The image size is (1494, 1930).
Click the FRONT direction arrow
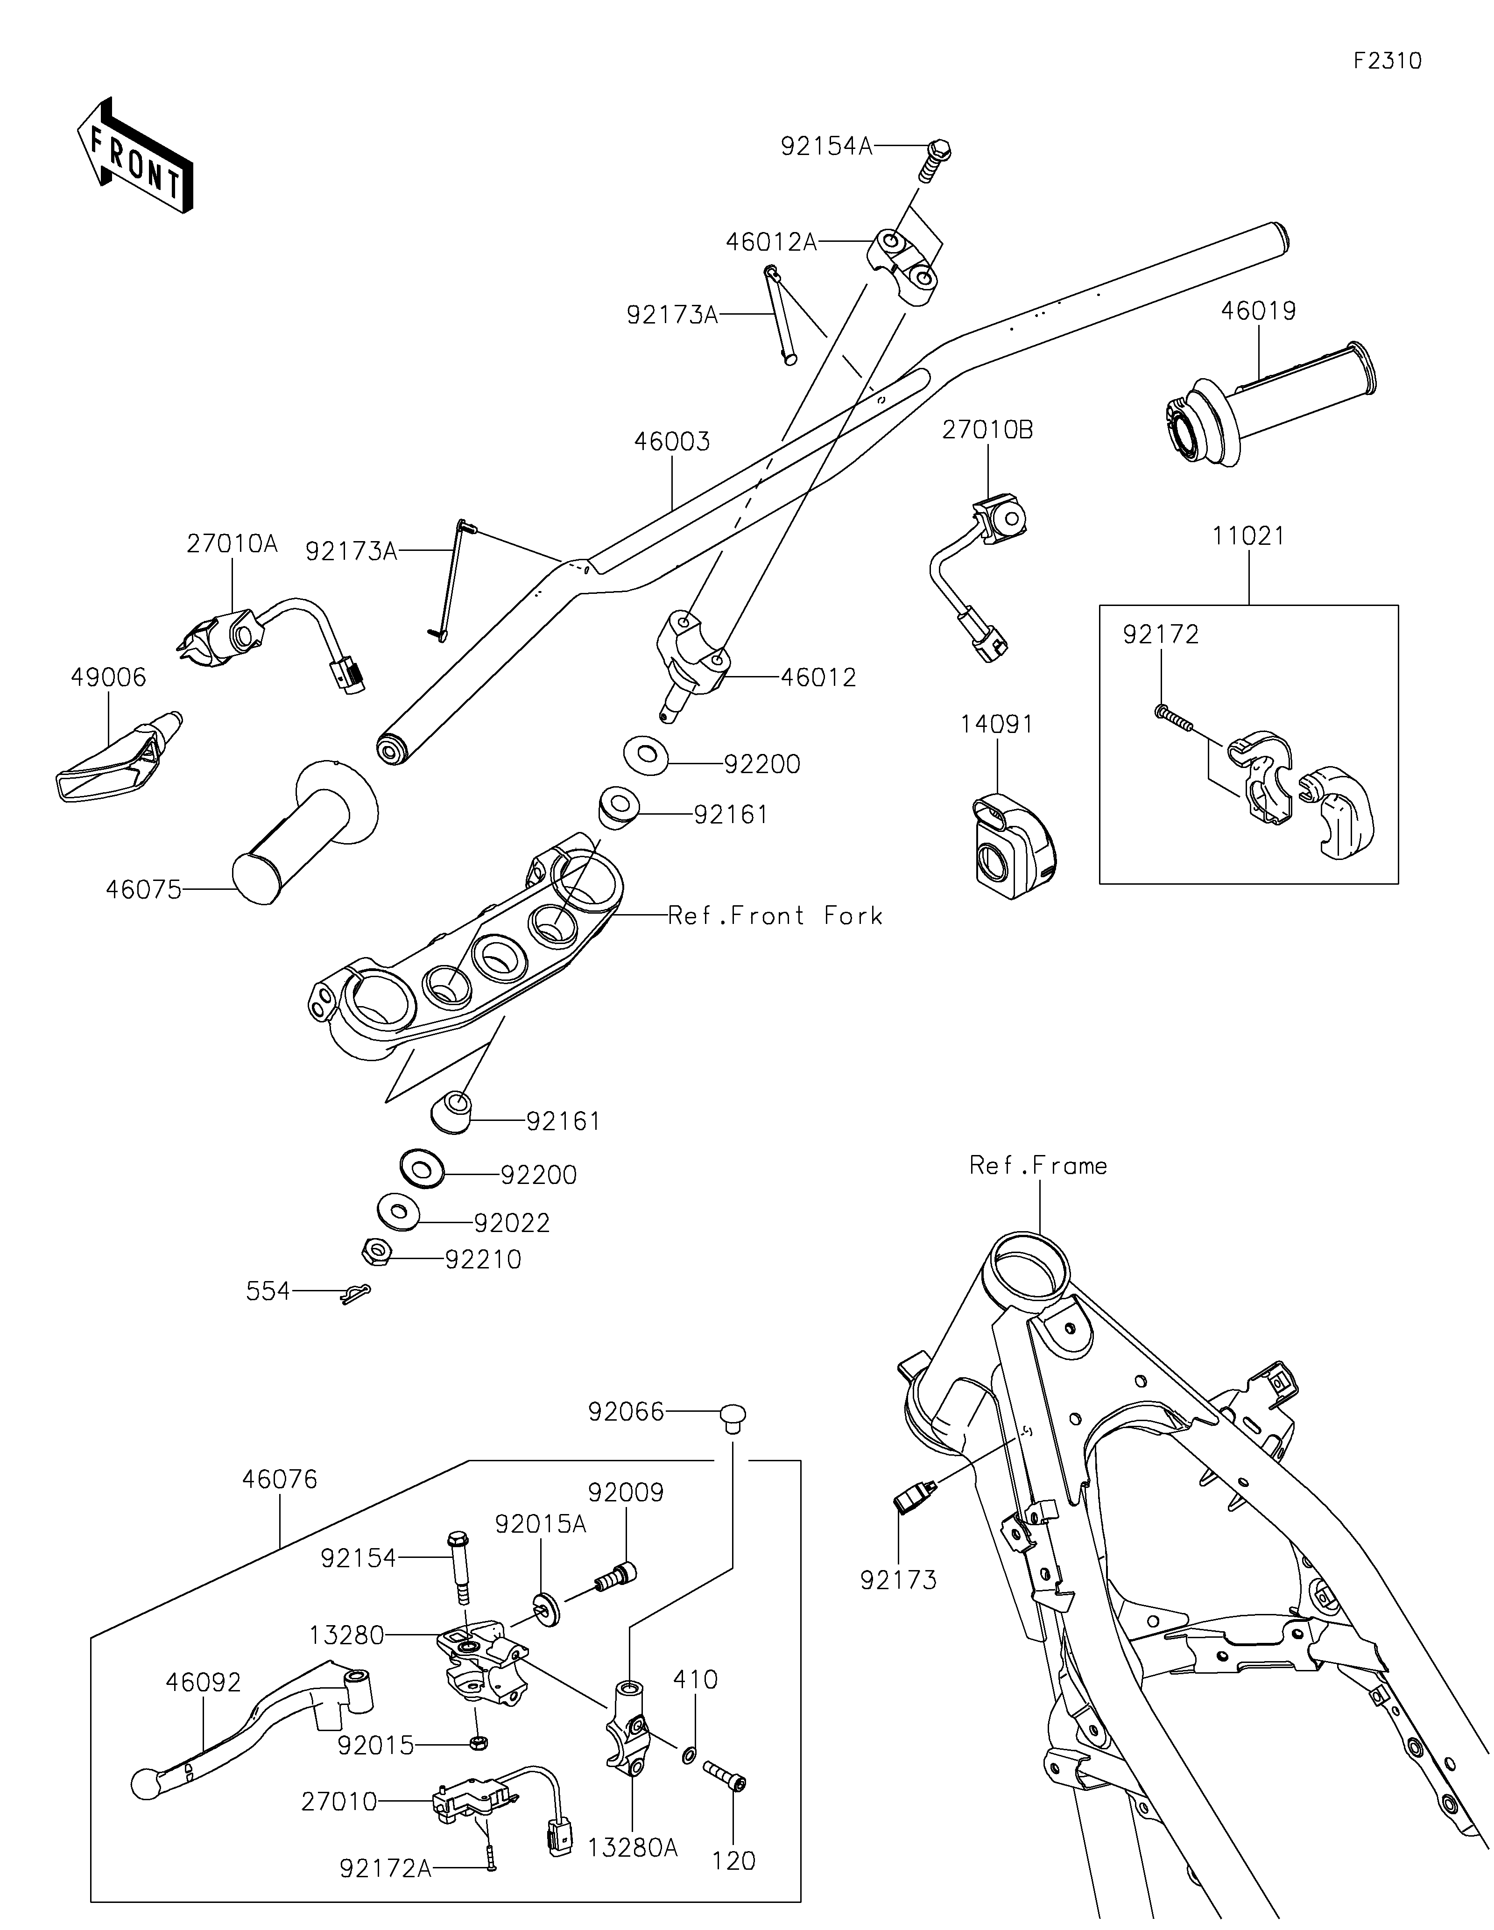pos(135,155)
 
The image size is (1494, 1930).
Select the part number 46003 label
pos(671,441)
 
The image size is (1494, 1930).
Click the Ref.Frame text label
pos(1038,1166)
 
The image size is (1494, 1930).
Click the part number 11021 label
pos(1248,535)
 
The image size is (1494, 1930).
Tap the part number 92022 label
pos(512,1223)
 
